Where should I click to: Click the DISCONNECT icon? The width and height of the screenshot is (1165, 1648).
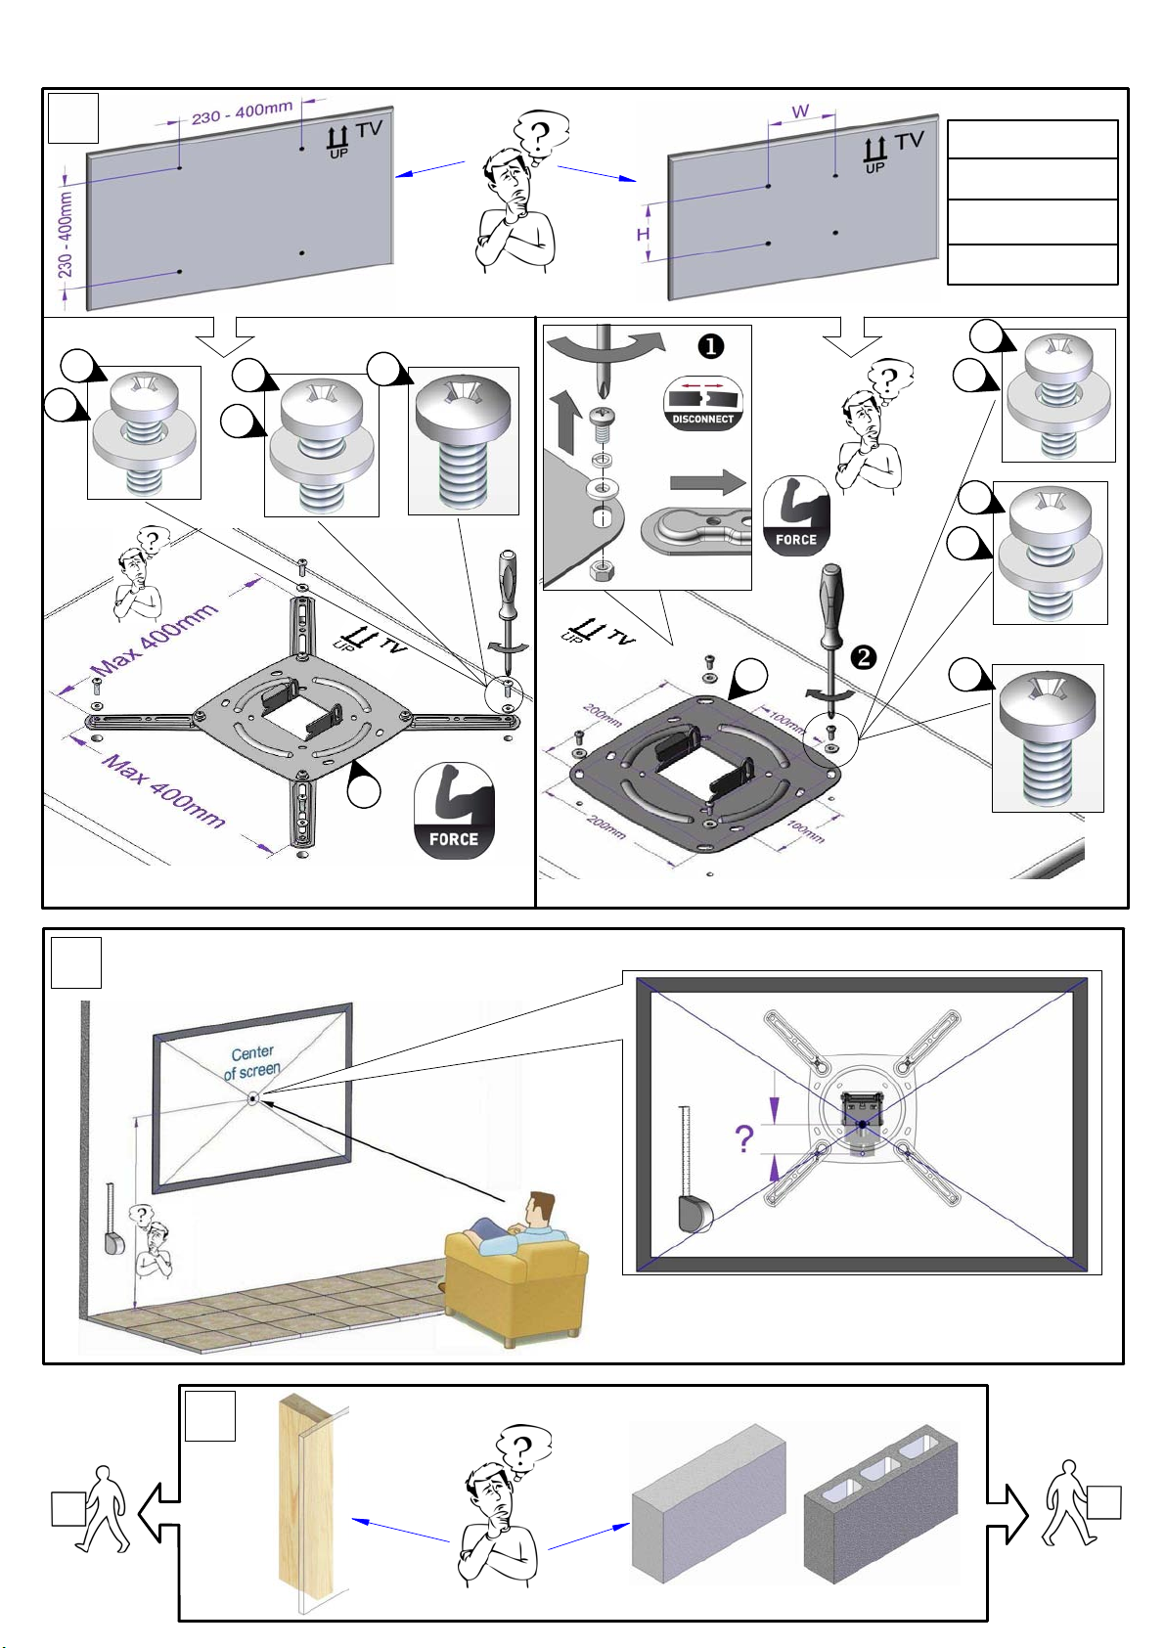tap(702, 404)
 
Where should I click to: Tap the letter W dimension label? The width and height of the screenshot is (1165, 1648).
tap(800, 111)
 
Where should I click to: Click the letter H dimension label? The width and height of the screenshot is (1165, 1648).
tap(643, 235)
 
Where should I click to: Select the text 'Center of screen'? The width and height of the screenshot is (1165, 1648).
tap(252, 1062)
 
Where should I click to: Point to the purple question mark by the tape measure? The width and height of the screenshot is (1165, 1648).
tap(744, 1138)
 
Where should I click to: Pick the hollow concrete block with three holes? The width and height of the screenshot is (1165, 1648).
tap(880, 1506)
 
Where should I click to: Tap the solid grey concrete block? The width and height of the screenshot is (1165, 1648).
tap(708, 1506)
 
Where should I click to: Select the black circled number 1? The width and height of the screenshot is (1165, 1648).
tap(710, 346)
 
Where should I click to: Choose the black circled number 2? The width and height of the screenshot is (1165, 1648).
tap(865, 657)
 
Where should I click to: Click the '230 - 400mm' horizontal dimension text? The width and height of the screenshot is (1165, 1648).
tap(242, 113)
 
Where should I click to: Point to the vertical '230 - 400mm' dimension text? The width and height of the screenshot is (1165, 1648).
tap(66, 234)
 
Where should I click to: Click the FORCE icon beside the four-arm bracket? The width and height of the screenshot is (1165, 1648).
tap(454, 811)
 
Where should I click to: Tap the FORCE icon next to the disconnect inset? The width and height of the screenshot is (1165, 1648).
tap(795, 515)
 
